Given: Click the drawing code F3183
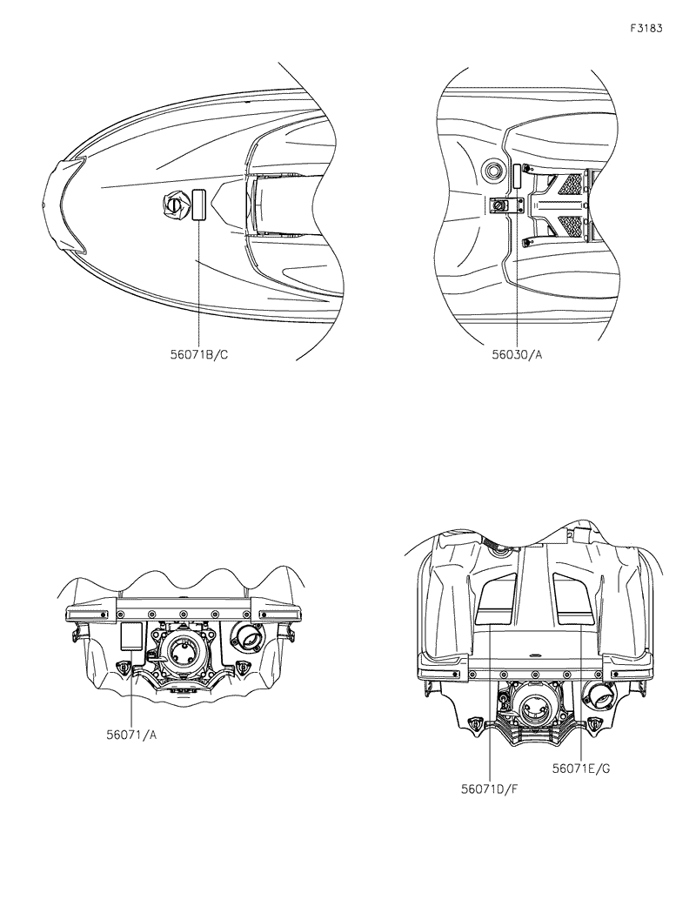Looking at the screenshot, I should pyautogui.click(x=646, y=28).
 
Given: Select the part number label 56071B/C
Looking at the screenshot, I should pyautogui.click(x=199, y=355).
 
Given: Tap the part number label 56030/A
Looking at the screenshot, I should pyautogui.click(x=517, y=355).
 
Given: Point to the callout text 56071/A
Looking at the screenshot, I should pyautogui.click(x=131, y=734).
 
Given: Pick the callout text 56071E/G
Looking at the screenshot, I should pyautogui.click(x=580, y=769).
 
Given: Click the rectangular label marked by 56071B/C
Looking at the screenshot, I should pyautogui.click(x=198, y=205).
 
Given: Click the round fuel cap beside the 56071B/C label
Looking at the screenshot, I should pyautogui.click(x=174, y=206).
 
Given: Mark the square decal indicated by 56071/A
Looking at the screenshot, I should pyautogui.click(x=130, y=636).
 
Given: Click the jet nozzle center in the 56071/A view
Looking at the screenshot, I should pyautogui.click(x=184, y=649).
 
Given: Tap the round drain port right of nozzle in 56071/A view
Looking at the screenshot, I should pyautogui.click(x=247, y=641).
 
